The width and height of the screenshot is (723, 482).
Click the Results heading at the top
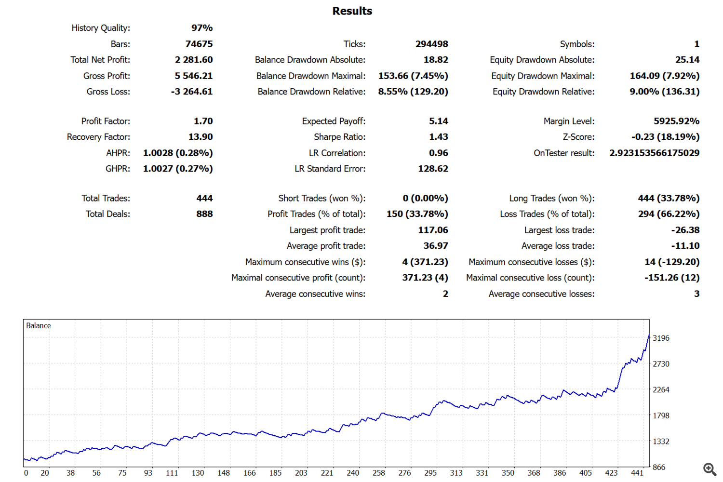pos(352,11)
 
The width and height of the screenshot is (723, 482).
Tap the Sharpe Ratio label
pos(339,137)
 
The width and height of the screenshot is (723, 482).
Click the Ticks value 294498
pos(431,44)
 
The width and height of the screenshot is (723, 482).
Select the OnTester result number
pos(654,153)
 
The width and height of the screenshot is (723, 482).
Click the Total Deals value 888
pos(204,214)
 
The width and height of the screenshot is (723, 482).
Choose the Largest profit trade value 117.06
pos(433,230)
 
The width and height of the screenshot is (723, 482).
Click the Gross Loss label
pos(108,92)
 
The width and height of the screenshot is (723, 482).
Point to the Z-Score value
pos(665,137)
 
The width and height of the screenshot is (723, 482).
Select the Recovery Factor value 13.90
pos(200,137)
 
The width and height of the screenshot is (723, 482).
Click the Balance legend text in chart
pos(39,326)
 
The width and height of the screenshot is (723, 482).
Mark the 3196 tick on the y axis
pos(661,338)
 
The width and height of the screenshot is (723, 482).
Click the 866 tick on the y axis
pos(659,467)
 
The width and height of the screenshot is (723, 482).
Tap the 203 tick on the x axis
pos(301,473)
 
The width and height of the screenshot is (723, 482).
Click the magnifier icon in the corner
pos(710,469)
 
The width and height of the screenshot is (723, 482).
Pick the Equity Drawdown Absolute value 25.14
pos(687,60)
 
